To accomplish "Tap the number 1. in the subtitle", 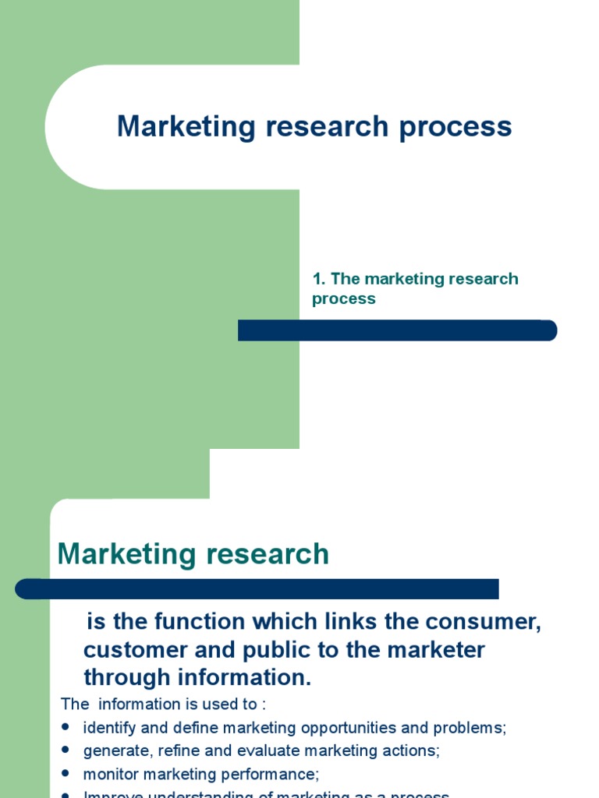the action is (318, 279).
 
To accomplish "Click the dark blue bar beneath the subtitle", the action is (397, 330).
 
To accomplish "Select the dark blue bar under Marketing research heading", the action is (257, 588).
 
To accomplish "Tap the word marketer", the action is (437, 650).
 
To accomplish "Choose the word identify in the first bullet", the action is (110, 728).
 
